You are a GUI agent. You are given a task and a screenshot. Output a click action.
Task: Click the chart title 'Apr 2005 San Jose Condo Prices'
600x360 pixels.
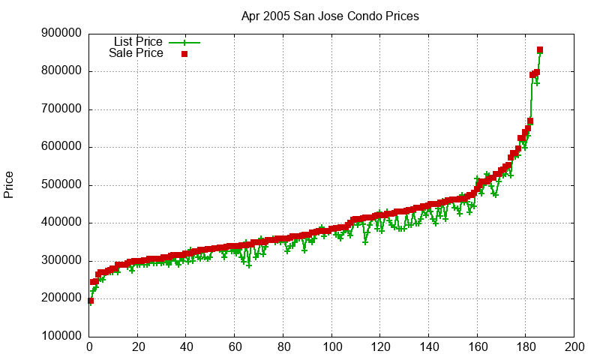pos(330,16)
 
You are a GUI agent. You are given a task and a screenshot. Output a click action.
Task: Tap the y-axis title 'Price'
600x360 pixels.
pos(9,184)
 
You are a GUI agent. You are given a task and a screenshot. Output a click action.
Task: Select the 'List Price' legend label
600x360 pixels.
pos(138,42)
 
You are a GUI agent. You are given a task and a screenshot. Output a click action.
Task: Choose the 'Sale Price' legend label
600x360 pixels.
pos(136,53)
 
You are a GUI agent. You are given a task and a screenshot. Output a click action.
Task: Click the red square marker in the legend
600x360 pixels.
pos(184,54)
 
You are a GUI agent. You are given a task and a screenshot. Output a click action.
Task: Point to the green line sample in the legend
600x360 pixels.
pos(184,43)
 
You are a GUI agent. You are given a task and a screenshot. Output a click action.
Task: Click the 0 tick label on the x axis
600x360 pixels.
pos(89,347)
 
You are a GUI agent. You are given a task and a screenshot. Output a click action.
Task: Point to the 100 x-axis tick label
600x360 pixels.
pos(331,347)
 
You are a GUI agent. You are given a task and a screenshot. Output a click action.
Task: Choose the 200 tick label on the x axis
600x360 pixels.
pos(574,347)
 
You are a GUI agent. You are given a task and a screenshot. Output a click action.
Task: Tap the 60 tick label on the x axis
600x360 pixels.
pos(235,347)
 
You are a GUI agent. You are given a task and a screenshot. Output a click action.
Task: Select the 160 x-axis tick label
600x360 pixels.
pos(477,347)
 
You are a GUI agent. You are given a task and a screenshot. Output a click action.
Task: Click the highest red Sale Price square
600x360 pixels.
pos(540,50)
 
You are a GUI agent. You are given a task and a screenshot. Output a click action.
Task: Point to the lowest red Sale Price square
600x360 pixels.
pos(91,301)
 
